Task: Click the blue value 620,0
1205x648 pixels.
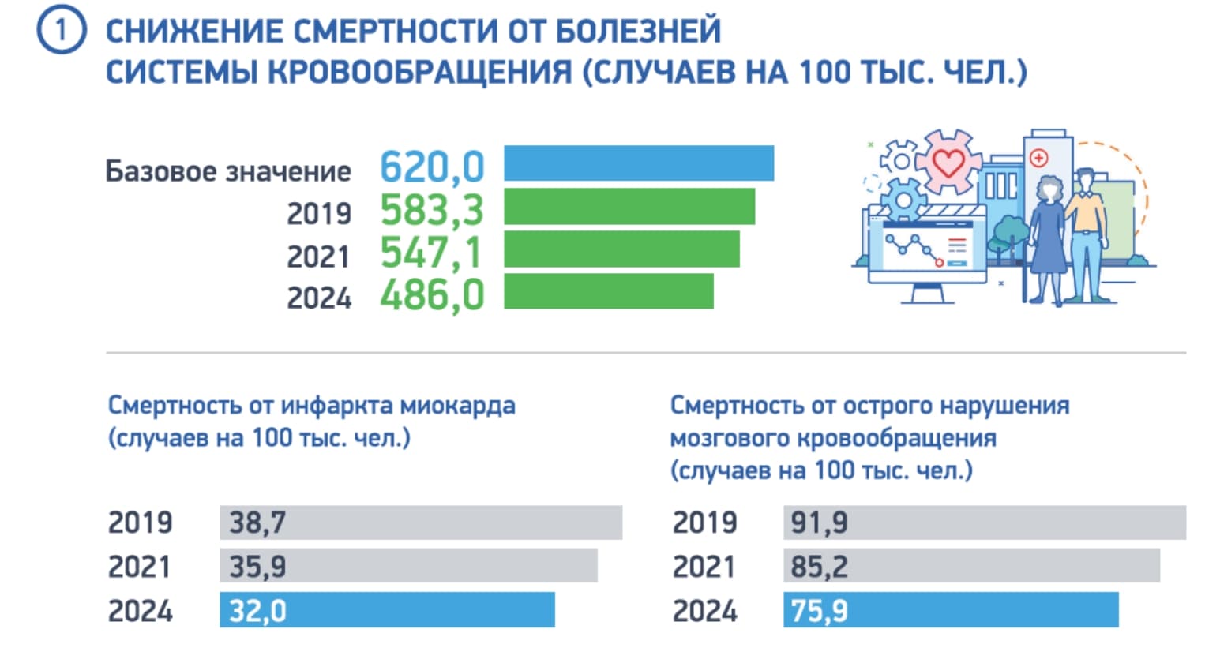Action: pyautogui.click(x=432, y=167)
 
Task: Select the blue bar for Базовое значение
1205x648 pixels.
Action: pyautogui.click(x=639, y=163)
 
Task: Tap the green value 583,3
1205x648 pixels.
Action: pyautogui.click(x=432, y=210)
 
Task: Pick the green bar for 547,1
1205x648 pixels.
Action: pyautogui.click(x=621, y=249)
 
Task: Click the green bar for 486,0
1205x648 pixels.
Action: pyautogui.click(x=608, y=291)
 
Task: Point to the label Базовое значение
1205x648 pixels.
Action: pyautogui.click(x=228, y=171)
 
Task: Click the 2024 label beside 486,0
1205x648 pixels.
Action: pyautogui.click(x=318, y=298)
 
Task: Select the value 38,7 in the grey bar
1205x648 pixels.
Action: pyautogui.click(x=257, y=523)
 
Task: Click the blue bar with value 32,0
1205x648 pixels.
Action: pyautogui.click(x=387, y=610)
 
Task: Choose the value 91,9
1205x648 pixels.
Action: pyautogui.click(x=819, y=523)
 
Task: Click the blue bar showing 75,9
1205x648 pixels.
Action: pyautogui.click(x=951, y=610)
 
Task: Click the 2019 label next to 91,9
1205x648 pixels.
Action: pyautogui.click(x=704, y=523)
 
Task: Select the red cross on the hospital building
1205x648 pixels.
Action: pyautogui.click(x=1038, y=158)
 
